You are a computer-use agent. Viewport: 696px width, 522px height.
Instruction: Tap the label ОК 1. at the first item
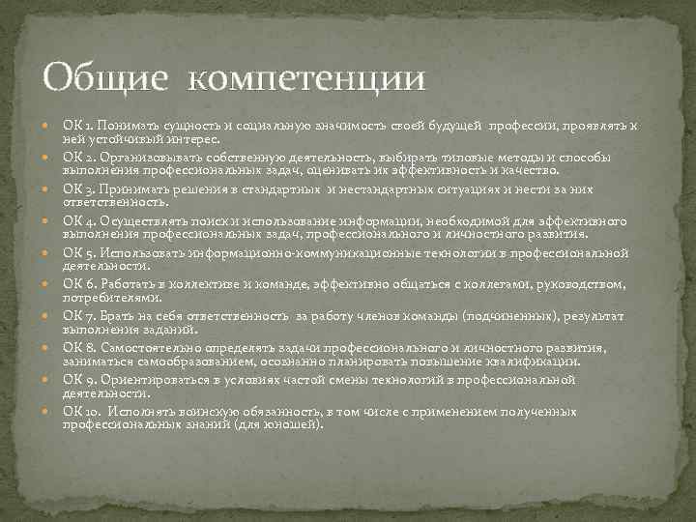[77, 127]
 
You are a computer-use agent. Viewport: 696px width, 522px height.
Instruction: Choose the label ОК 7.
[78, 316]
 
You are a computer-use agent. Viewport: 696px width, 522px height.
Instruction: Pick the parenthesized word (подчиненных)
[536, 316]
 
